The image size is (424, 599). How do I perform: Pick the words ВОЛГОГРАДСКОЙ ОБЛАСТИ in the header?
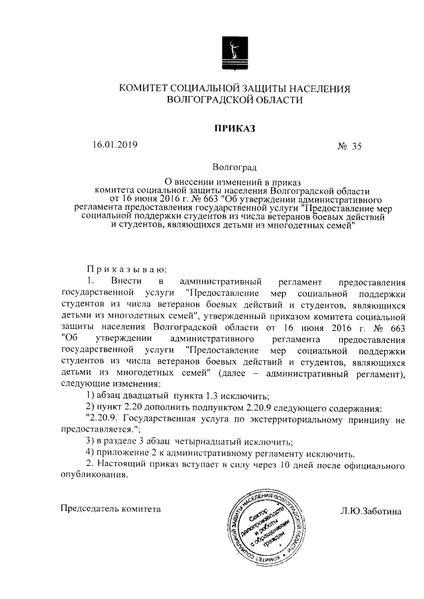[235, 101]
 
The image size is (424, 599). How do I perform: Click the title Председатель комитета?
[111, 510]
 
